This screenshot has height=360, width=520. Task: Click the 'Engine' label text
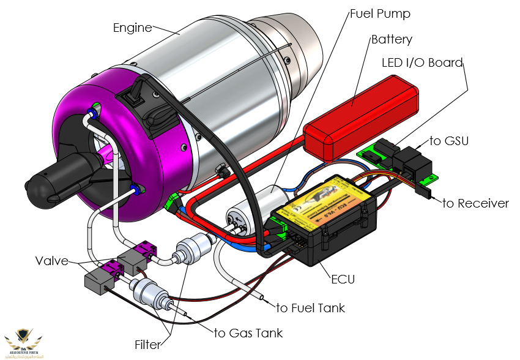tap(132, 28)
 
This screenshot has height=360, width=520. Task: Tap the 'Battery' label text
tap(392, 40)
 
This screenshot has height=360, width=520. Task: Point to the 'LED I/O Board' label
tap(422, 62)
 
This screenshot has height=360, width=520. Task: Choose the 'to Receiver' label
tap(475, 203)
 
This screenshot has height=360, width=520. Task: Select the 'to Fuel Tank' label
tap(311, 308)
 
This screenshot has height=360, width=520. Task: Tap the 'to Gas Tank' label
tap(248, 333)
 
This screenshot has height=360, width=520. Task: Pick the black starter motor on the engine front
tap(61, 178)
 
